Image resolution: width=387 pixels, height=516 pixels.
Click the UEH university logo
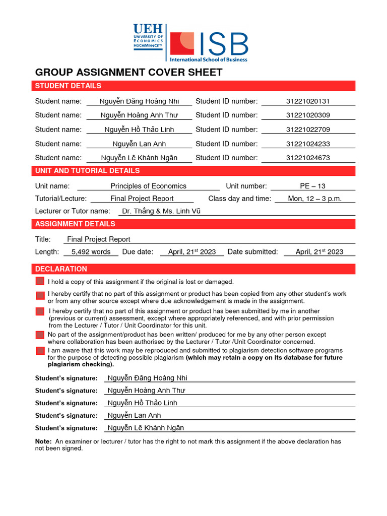tap(148, 36)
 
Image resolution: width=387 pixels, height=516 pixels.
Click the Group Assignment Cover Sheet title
tap(128, 72)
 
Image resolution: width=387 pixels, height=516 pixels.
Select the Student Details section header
tap(68, 86)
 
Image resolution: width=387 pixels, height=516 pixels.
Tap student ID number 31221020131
tap(308, 101)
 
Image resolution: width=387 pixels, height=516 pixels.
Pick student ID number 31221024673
tap(308, 158)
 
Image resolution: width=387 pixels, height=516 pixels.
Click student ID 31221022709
tap(308, 130)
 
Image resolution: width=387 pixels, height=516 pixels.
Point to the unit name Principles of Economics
tap(148, 186)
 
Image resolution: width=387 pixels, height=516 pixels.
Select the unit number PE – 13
tap(312, 186)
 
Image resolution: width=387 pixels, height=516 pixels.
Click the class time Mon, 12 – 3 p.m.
tap(314, 199)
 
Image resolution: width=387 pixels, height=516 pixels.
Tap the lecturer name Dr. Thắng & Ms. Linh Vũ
tap(161, 211)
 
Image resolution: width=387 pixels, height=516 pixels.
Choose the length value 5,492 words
tap(91, 252)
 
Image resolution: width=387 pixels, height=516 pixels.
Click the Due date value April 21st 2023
tap(191, 252)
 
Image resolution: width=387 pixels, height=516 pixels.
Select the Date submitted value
tap(319, 252)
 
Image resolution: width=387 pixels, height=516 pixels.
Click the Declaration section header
tap(61, 269)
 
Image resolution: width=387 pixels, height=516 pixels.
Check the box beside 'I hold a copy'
tap(40, 281)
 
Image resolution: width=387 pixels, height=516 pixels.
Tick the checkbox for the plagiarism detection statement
tap(40, 350)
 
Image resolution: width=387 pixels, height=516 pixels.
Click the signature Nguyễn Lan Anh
tap(134, 415)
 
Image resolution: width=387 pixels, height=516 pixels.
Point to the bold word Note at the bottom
tap(43, 441)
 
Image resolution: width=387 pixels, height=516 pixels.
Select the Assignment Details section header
tap(75, 224)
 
